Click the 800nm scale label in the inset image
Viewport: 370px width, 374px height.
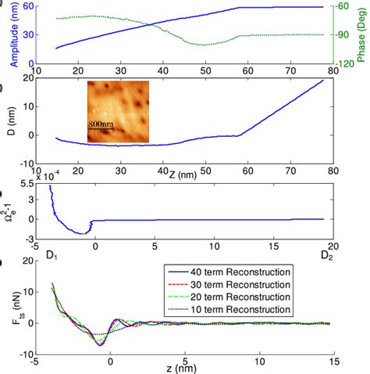101,123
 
